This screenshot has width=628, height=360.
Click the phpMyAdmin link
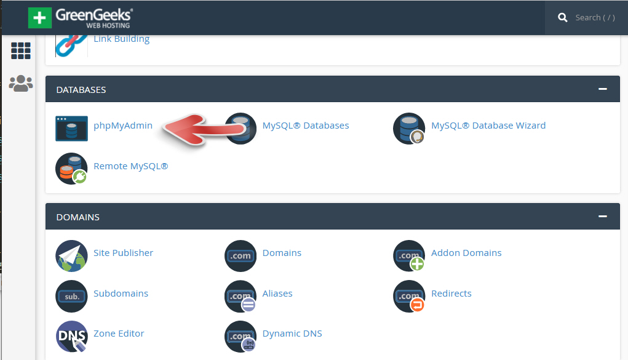123,126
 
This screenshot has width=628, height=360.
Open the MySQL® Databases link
305,126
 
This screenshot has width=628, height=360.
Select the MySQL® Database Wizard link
488,126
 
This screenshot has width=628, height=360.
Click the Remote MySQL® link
130,166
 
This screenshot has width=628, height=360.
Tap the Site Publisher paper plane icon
71,256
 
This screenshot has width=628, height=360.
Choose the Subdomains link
121,294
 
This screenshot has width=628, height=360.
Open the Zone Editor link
119,334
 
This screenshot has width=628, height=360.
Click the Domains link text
282,253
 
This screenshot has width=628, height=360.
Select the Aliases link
277,294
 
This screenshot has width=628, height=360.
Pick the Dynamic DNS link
292,334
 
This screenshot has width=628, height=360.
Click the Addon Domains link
466,253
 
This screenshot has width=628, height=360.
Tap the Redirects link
451,294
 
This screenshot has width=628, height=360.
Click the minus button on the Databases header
603,89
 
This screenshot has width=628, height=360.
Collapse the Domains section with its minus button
603,217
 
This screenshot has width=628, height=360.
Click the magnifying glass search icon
562,18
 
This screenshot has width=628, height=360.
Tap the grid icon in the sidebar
21,51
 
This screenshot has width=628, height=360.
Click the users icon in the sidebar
21,84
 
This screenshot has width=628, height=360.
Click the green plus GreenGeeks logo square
40,18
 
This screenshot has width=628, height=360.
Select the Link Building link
121,39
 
